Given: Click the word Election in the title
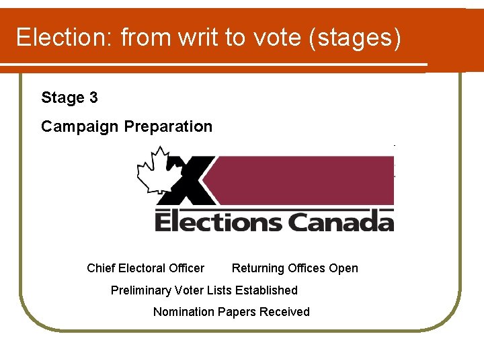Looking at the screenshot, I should [64, 38].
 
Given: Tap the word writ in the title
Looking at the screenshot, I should [200, 38].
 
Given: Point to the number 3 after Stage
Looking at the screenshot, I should [93, 98].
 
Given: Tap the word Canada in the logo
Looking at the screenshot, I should [341, 221].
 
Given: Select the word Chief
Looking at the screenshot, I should [101, 268].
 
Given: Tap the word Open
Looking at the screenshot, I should [344, 269].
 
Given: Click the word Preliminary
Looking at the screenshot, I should [140, 290].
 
